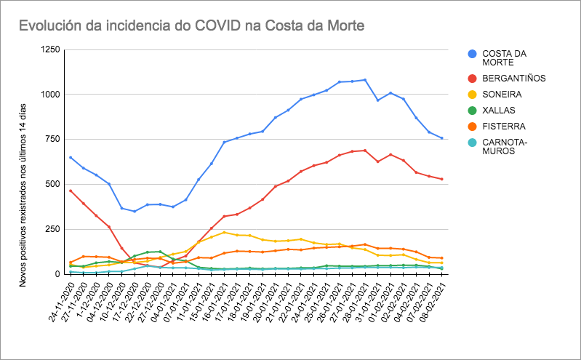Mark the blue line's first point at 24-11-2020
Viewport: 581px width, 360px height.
(x=71, y=157)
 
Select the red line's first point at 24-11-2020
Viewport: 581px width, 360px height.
(x=71, y=191)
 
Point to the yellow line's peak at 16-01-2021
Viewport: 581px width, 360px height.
(x=225, y=233)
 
